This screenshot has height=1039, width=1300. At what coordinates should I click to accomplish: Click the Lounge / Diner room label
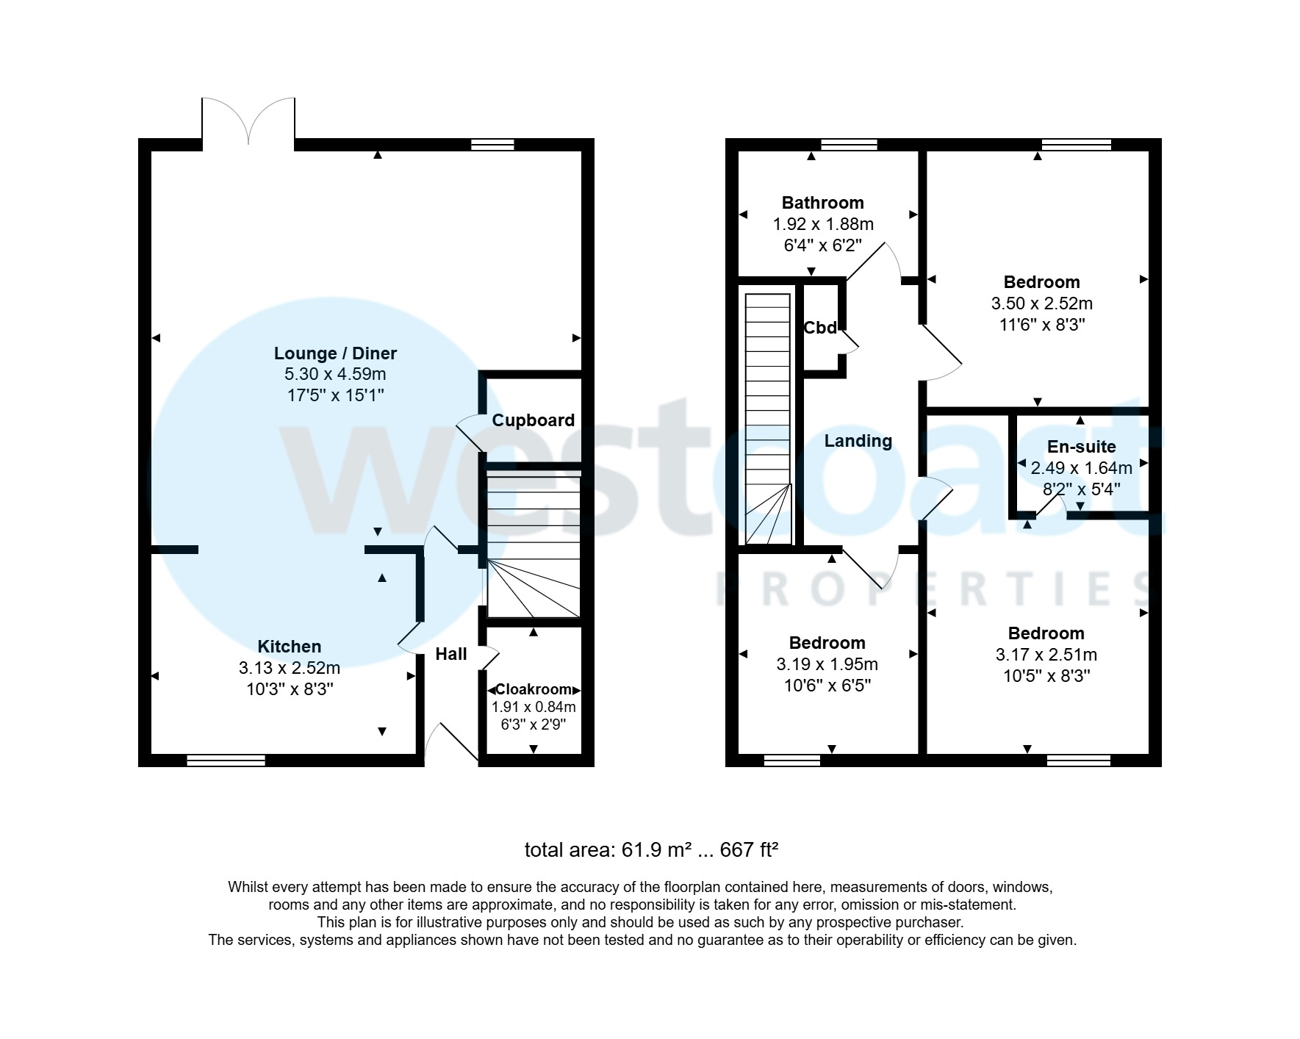[x=335, y=353]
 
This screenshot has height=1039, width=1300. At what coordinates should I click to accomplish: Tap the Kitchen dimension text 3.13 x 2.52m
[x=289, y=668]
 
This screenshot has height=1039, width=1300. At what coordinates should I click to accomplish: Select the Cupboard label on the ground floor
[x=533, y=420]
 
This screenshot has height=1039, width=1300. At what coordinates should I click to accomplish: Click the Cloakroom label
[x=534, y=689]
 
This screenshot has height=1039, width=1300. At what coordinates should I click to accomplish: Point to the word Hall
[x=450, y=654]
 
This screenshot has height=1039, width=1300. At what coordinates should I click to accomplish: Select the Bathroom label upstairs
[x=822, y=203]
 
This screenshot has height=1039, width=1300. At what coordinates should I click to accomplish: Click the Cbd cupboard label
[x=820, y=328]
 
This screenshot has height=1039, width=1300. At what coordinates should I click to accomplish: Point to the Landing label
[x=858, y=441]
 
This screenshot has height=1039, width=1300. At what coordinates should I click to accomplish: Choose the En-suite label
[x=1081, y=447]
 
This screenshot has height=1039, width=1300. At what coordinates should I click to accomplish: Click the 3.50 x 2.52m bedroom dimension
[x=1041, y=303]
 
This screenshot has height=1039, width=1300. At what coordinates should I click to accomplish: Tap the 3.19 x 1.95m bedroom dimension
[x=827, y=664]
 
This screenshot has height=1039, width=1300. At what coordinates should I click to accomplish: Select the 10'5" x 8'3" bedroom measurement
[x=1046, y=676]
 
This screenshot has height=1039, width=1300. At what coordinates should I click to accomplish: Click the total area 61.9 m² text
[x=650, y=850]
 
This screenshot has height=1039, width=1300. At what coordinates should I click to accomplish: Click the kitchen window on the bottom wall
[x=226, y=761]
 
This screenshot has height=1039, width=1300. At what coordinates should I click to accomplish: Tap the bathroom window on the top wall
[x=849, y=144]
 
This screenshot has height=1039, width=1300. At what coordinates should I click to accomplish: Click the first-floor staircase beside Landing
[x=769, y=419]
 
